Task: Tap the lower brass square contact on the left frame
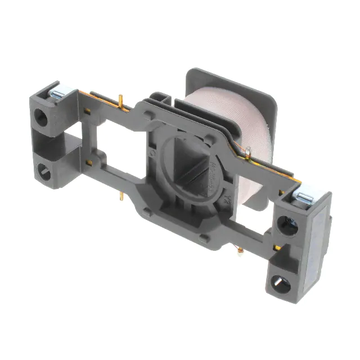pyautogui.click(x=89, y=163)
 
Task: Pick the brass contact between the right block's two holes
pyautogui.click(x=280, y=247)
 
